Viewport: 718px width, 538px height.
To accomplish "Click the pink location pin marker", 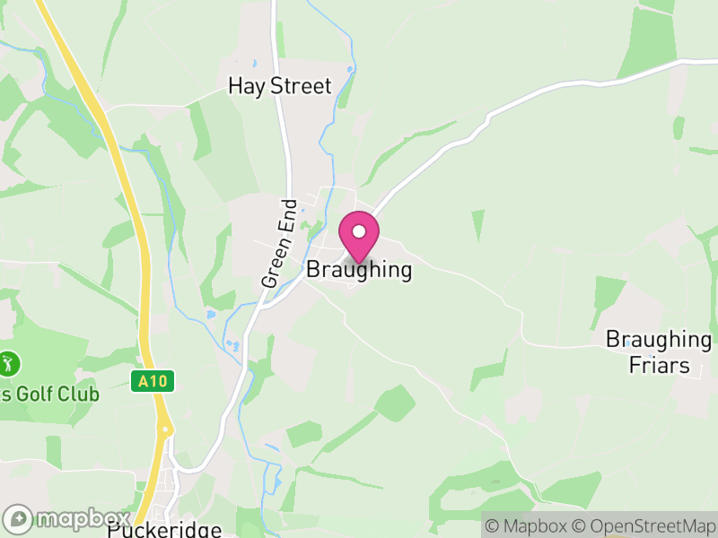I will point(359,237).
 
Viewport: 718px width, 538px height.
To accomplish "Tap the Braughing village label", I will point(359,270).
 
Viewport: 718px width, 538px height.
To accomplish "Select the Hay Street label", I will point(280,87).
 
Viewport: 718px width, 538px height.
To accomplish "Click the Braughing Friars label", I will point(659,352).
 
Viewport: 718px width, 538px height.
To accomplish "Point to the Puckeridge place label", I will point(164,530).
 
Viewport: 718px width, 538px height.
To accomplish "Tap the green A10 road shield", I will point(153,381).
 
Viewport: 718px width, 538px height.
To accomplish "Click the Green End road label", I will point(279,243).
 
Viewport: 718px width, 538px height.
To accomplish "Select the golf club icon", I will point(9,364).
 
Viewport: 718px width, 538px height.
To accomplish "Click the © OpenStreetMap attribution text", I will point(644,525).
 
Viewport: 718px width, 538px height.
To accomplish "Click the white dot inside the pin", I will point(359,231).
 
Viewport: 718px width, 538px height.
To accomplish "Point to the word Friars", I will point(659,365).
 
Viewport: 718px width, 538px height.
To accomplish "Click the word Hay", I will point(244,87).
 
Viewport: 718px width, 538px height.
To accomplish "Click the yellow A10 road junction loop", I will point(166,431).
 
